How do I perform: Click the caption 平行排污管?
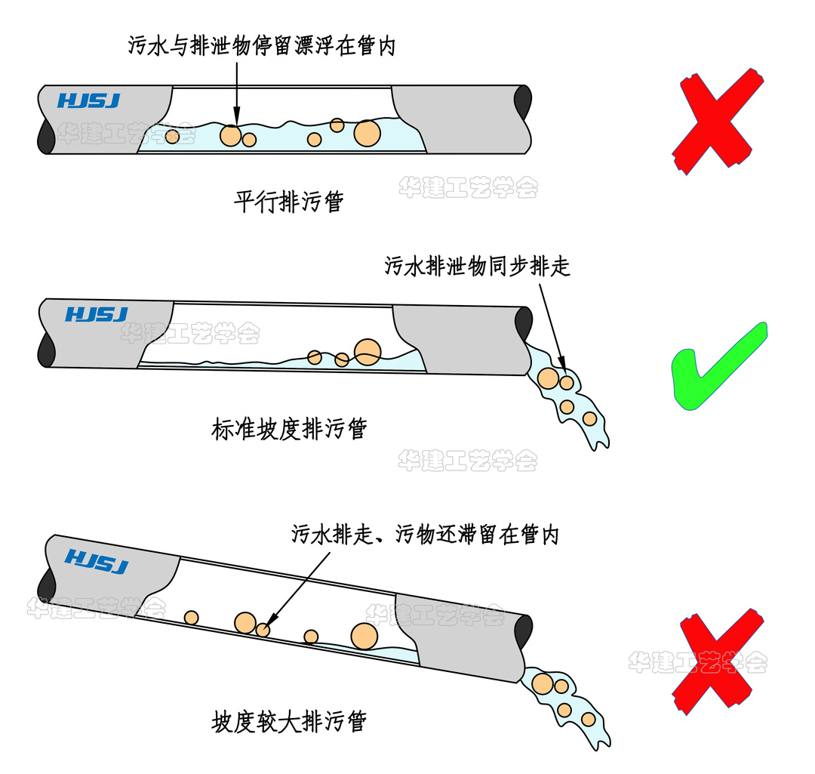288,202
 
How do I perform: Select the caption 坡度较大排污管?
288,722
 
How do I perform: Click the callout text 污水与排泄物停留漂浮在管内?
261,46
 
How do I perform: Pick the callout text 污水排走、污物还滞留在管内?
425,535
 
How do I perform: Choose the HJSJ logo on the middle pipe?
97,314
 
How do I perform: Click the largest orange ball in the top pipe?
368,133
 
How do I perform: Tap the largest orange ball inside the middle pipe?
368,351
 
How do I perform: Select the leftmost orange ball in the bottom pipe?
192,618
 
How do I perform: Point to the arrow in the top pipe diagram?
236,91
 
